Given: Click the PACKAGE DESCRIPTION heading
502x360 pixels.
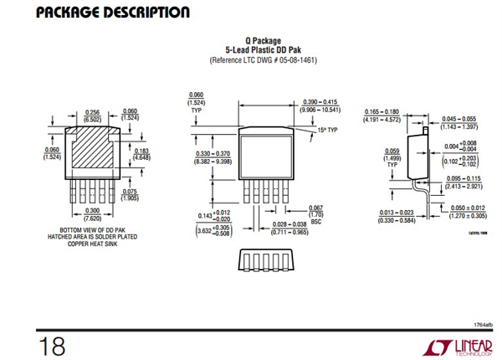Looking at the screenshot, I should [100, 13].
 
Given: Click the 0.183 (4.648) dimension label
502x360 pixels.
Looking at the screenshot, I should [141, 154].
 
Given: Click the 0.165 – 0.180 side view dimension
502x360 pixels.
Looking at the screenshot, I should [382, 115].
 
